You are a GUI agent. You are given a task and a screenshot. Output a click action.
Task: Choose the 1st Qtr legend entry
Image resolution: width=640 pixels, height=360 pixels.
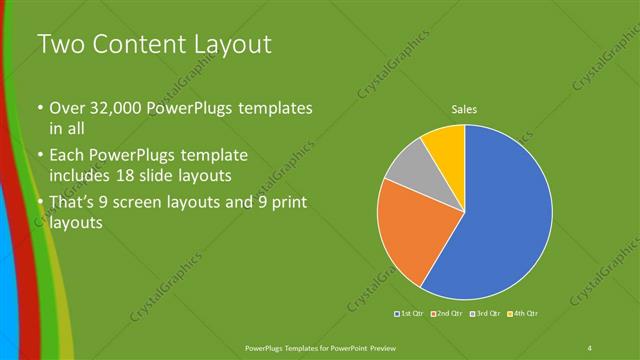(x=409, y=314)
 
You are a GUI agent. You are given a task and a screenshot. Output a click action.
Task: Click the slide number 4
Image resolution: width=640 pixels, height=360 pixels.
(x=589, y=347)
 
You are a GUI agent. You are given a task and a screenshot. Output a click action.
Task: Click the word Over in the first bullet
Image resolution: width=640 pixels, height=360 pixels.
(x=69, y=108)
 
